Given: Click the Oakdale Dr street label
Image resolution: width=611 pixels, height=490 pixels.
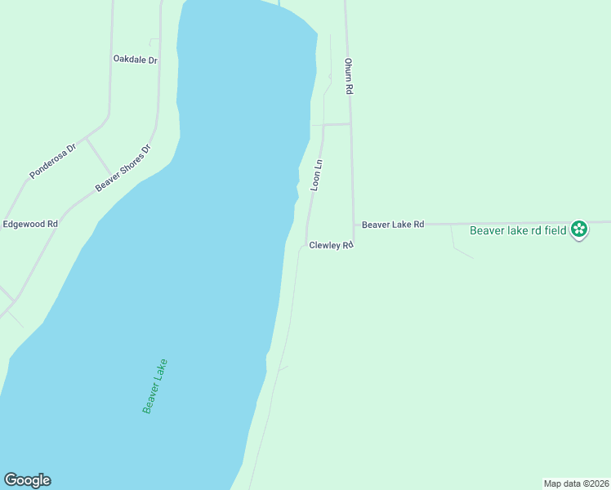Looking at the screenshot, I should tap(135, 60).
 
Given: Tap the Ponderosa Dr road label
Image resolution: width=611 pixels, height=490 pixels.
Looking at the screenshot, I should tap(52, 161).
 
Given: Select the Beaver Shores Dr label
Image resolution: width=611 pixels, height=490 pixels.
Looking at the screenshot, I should tap(123, 169).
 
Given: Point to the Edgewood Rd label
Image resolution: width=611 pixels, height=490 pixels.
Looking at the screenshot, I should tap(30, 224).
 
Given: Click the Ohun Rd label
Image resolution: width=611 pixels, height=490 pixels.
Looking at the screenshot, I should tap(348, 77).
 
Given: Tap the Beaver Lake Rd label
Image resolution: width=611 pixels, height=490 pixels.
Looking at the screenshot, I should tap(393, 224).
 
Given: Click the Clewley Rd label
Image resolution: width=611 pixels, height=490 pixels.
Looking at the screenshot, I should tap(330, 245).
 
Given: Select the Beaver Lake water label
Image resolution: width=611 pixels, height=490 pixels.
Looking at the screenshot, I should tap(154, 385).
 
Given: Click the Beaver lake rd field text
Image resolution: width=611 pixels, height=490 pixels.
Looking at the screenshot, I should tap(518, 230).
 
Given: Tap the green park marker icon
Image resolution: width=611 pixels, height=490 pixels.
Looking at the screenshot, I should tap(579, 229).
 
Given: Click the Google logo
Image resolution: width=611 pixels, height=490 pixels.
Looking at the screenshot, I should tap(27, 480).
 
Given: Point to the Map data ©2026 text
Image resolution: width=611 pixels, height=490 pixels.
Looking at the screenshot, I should tap(576, 483).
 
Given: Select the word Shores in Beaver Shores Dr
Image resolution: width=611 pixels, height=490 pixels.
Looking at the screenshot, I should tap(127, 166).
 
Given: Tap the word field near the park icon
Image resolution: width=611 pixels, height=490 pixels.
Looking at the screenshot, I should tap(555, 230).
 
